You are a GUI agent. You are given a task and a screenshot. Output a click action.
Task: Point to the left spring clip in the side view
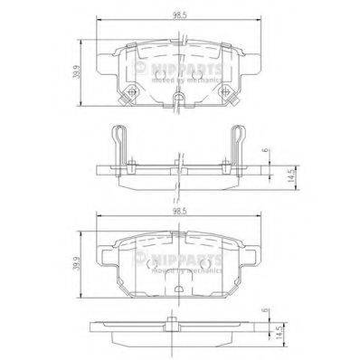click(x=118, y=145)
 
